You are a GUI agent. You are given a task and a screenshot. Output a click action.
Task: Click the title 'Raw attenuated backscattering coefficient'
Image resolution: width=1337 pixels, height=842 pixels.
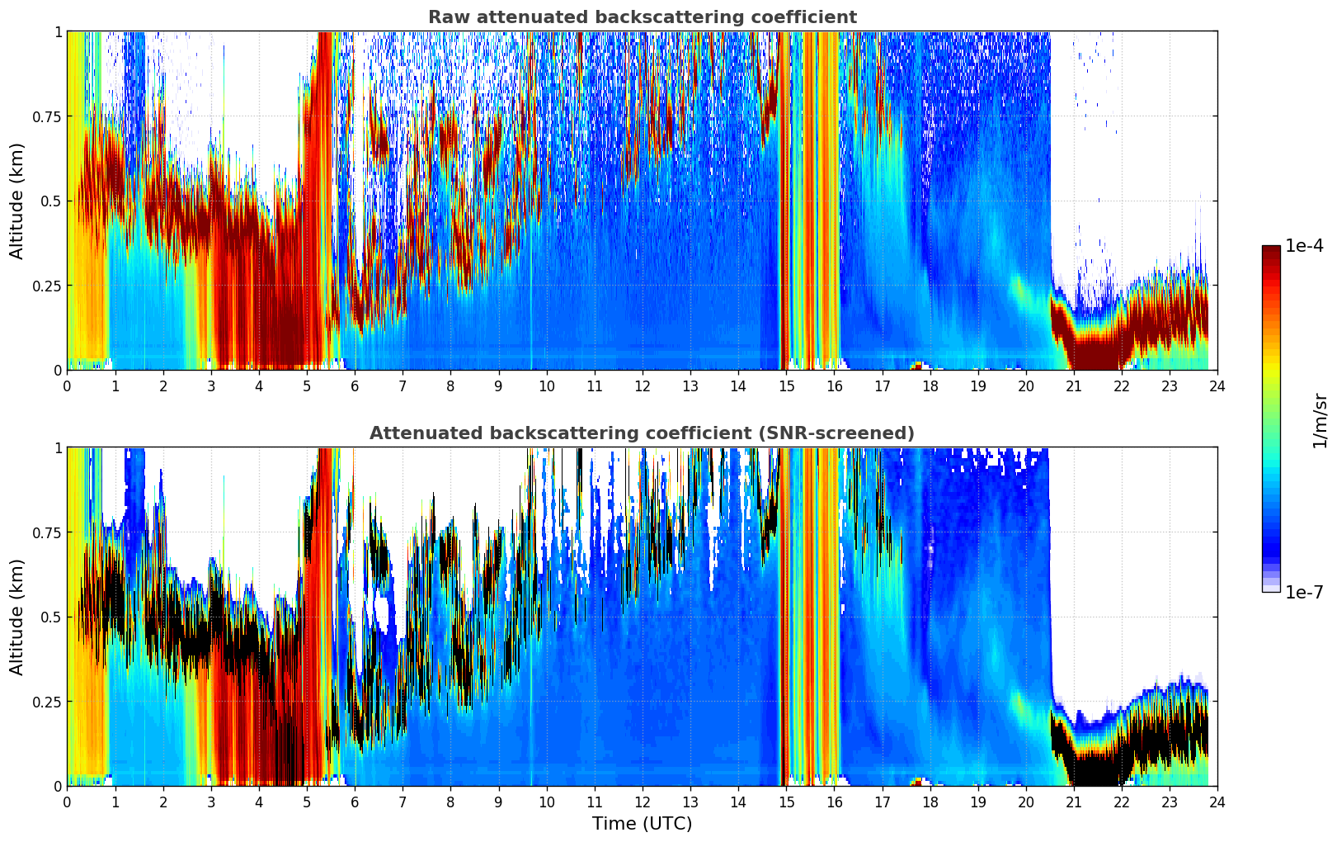(642, 17)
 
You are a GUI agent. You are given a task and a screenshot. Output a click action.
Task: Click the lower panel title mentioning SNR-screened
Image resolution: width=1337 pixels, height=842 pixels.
(642, 433)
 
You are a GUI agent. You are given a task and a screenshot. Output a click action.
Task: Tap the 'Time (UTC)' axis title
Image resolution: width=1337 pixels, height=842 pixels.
(642, 824)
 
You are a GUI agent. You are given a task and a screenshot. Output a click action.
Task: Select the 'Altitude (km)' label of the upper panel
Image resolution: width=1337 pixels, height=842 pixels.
(17, 201)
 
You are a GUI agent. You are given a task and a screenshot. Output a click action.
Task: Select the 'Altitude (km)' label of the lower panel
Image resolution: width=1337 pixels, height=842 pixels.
(17, 617)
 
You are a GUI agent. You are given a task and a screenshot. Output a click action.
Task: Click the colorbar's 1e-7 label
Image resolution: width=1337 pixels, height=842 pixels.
(1304, 593)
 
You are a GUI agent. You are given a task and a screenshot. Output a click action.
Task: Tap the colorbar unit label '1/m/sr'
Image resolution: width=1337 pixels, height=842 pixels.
(1320, 421)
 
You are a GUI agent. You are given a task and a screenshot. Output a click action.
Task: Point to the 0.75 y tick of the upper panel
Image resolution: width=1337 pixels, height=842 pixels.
(47, 116)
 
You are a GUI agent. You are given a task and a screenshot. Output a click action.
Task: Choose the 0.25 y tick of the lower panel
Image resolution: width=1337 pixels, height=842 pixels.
(47, 702)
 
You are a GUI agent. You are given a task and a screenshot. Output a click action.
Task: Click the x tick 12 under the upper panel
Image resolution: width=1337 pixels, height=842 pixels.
(642, 386)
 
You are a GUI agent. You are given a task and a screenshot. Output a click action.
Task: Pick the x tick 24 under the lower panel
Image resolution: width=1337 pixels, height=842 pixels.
(1217, 802)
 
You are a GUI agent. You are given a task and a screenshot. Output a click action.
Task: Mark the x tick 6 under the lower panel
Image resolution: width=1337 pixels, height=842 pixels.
(355, 802)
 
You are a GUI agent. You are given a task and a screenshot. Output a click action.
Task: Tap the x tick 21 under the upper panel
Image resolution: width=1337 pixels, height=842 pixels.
(1074, 386)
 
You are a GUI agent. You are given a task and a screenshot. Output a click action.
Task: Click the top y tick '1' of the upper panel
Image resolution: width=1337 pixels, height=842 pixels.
(58, 31)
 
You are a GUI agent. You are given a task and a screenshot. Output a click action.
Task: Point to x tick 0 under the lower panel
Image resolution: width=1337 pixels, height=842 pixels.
(67, 802)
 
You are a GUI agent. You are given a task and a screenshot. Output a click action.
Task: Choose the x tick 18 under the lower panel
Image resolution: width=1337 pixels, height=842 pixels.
(930, 802)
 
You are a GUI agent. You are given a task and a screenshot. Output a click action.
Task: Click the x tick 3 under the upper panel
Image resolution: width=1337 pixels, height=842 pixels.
(211, 386)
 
